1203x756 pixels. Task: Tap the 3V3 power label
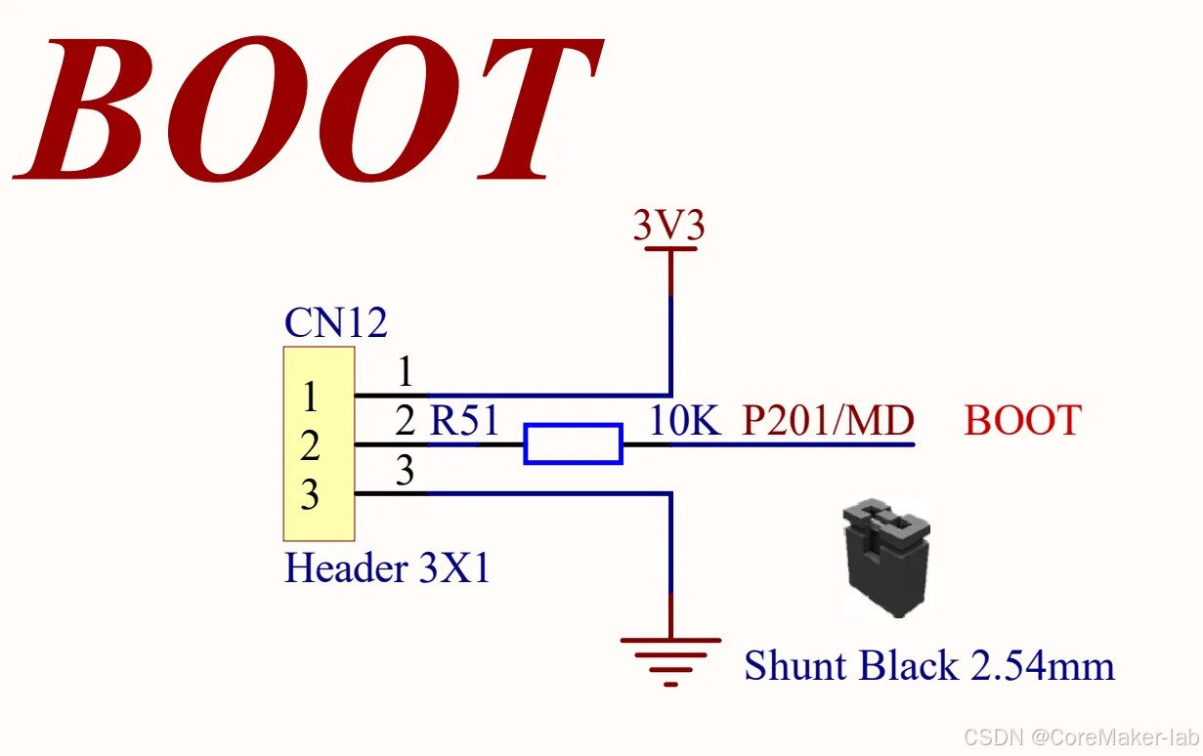click(669, 226)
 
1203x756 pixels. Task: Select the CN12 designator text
click(335, 322)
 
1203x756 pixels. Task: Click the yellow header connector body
click(319, 442)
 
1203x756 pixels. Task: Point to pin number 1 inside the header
click(310, 398)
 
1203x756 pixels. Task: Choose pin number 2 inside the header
click(310, 446)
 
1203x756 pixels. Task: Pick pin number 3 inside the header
click(310, 495)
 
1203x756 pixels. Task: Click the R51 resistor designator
click(465, 421)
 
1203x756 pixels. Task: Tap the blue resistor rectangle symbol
click(573, 444)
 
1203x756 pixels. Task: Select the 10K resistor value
click(685, 421)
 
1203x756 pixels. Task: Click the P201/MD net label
click(828, 421)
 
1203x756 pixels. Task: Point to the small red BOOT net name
click(1022, 421)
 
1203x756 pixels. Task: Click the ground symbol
click(670, 656)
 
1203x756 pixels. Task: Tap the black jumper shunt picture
click(886, 558)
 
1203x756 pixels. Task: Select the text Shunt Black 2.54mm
click(928, 666)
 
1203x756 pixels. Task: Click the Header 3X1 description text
click(387, 567)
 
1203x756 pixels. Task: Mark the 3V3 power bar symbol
click(670, 250)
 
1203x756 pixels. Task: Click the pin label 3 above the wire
click(405, 473)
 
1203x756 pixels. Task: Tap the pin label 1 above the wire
click(405, 373)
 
